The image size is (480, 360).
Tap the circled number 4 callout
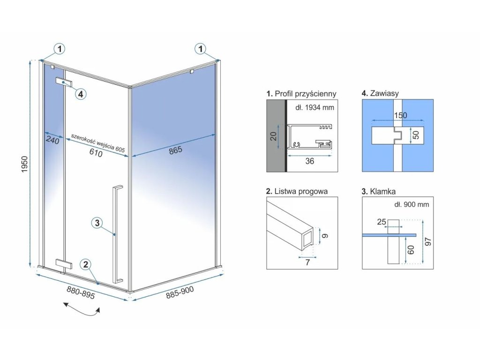click(81, 94)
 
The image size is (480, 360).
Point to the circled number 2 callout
click(85, 265)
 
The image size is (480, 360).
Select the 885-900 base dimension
click(180, 293)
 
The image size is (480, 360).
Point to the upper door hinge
click(64, 82)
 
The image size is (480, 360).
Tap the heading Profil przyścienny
click(301, 94)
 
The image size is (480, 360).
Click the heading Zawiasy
click(380, 94)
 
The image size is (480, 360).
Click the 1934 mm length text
click(315, 108)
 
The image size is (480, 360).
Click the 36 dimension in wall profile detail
click(309, 161)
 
